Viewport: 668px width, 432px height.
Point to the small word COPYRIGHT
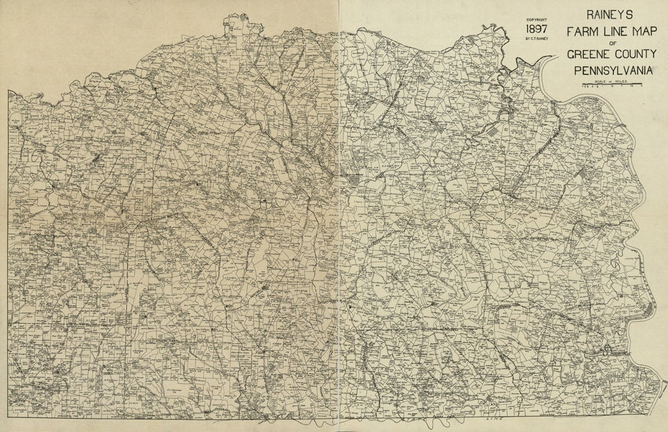point(537,20)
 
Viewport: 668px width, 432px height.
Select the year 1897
point(537,30)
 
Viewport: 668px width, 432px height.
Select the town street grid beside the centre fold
point(353,182)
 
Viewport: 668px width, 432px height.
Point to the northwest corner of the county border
point(9,91)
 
